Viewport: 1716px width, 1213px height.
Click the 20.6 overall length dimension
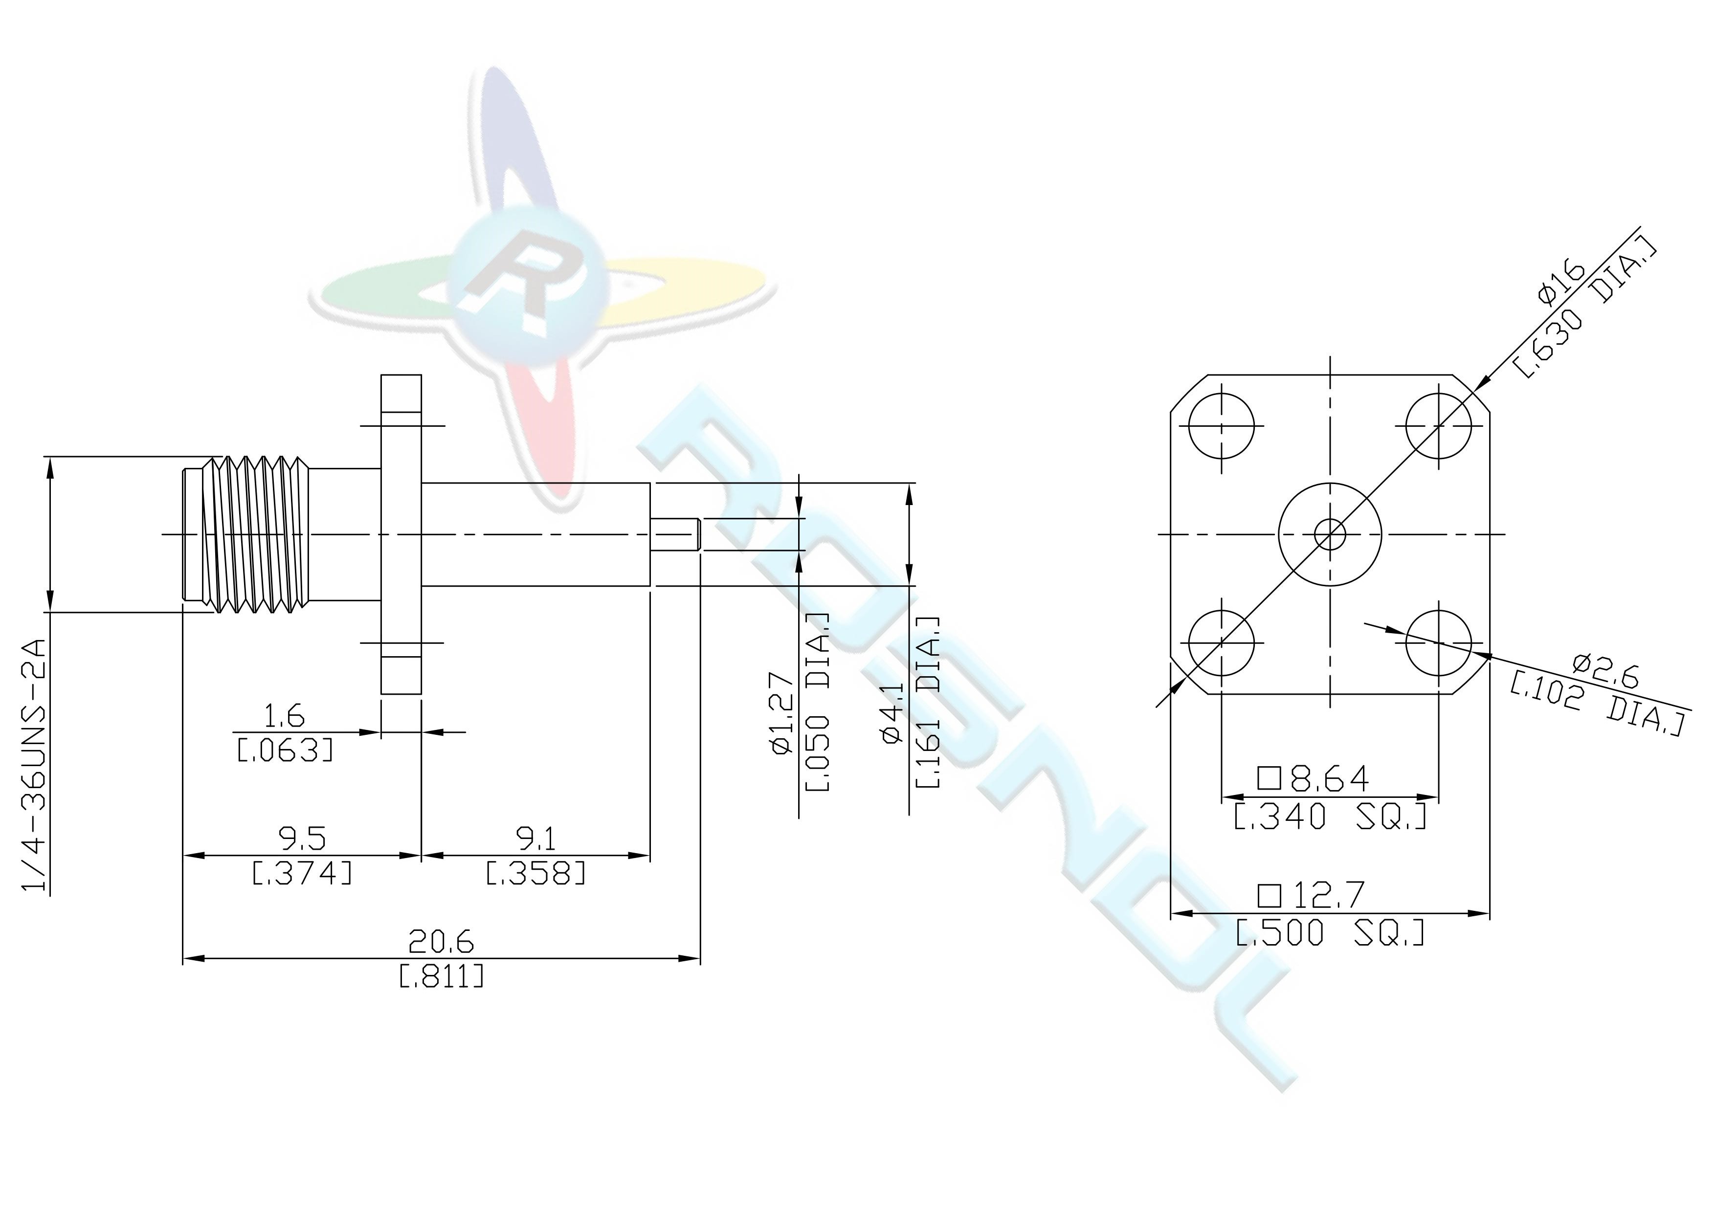(441, 943)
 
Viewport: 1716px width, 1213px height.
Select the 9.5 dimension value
(303, 838)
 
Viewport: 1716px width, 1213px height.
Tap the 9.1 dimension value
(536, 838)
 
